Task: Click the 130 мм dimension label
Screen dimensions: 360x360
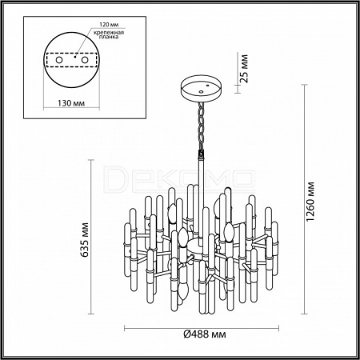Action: [x=71, y=103]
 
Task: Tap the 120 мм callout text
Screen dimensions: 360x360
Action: [x=109, y=25]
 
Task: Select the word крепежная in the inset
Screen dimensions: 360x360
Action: [x=109, y=33]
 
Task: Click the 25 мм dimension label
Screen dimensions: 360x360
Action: [x=244, y=69]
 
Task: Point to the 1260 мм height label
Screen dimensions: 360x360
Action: [x=310, y=202]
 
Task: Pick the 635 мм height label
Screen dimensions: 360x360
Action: [x=85, y=239]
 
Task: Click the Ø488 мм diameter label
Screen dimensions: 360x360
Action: [x=205, y=334]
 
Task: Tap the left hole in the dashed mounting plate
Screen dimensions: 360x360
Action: [x=58, y=60]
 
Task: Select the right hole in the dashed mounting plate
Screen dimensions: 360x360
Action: [x=85, y=60]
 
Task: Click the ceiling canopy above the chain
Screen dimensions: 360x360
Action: [x=201, y=89]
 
